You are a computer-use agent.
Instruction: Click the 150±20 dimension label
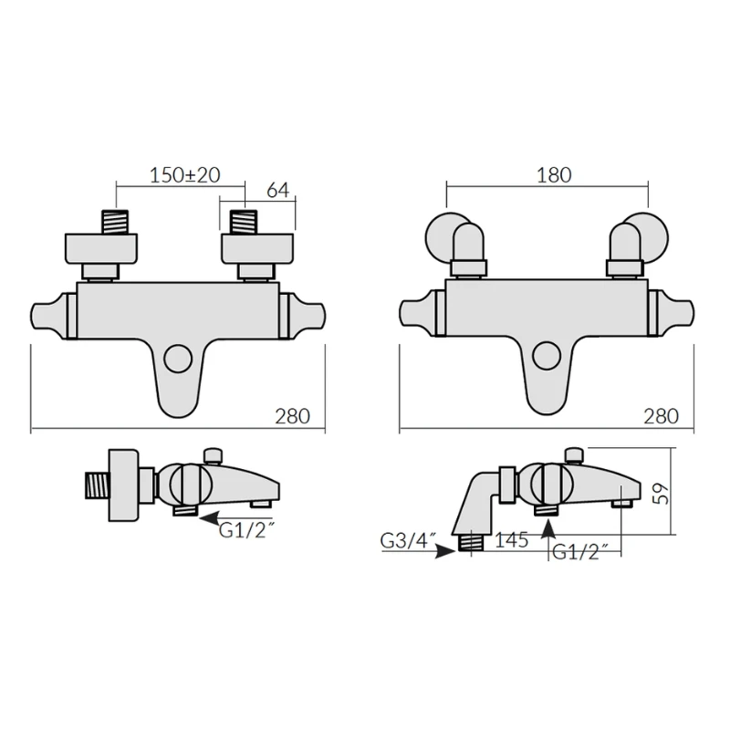pyautogui.click(x=183, y=174)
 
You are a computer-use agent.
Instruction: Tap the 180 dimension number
pyautogui.click(x=554, y=174)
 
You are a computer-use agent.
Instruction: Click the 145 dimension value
pyautogui.click(x=512, y=541)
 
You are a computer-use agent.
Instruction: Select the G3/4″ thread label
pyautogui.click(x=406, y=541)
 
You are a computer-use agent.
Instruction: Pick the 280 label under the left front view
pyautogui.click(x=292, y=416)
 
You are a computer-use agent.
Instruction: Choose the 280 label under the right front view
pyautogui.click(x=661, y=416)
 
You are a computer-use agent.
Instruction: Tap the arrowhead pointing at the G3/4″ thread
pyautogui.click(x=444, y=551)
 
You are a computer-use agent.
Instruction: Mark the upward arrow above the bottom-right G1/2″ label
pyautogui.click(x=548, y=526)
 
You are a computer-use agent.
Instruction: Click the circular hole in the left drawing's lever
pyautogui.click(x=178, y=358)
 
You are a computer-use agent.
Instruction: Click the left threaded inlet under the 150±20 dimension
pyautogui.click(x=115, y=223)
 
